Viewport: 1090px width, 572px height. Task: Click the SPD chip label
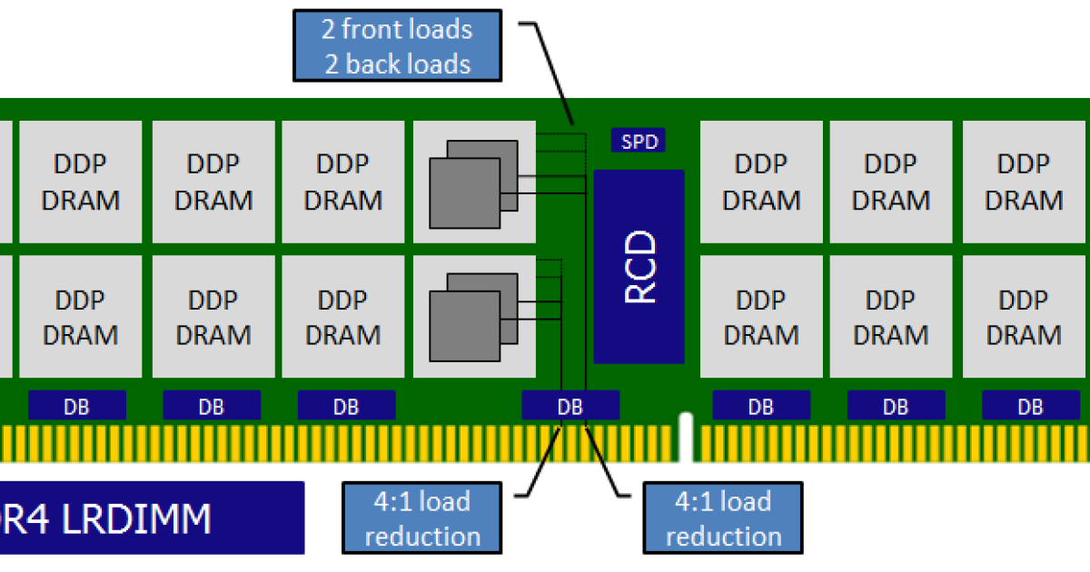pyautogui.click(x=639, y=141)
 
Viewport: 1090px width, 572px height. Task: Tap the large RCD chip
pyautogui.click(x=639, y=266)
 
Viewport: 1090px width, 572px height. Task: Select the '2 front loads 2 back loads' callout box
pyautogui.click(x=397, y=46)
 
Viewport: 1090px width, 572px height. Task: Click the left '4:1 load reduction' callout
pyautogui.click(x=421, y=518)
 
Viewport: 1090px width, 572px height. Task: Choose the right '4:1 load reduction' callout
pyautogui.click(x=722, y=518)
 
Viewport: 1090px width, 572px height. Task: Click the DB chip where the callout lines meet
pyautogui.click(x=570, y=406)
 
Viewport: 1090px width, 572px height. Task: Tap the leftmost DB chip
pyautogui.click(x=77, y=406)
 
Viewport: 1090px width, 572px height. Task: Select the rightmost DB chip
pyautogui.click(x=1030, y=406)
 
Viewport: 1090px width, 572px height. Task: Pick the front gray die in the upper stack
pyautogui.click(x=464, y=192)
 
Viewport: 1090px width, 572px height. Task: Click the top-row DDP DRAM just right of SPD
pyautogui.click(x=761, y=182)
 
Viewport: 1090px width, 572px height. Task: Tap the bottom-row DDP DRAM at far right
pyautogui.click(x=1024, y=316)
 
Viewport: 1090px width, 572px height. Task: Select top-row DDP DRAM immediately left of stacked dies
pyautogui.click(x=342, y=182)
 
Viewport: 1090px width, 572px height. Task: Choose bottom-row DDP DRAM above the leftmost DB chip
pyautogui.click(x=81, y=316)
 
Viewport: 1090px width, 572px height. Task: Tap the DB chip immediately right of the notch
pyautogui.click(x=761, y=406)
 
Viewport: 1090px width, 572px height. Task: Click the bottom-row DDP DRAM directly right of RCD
pyautogui.click(x=761, y=316)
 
